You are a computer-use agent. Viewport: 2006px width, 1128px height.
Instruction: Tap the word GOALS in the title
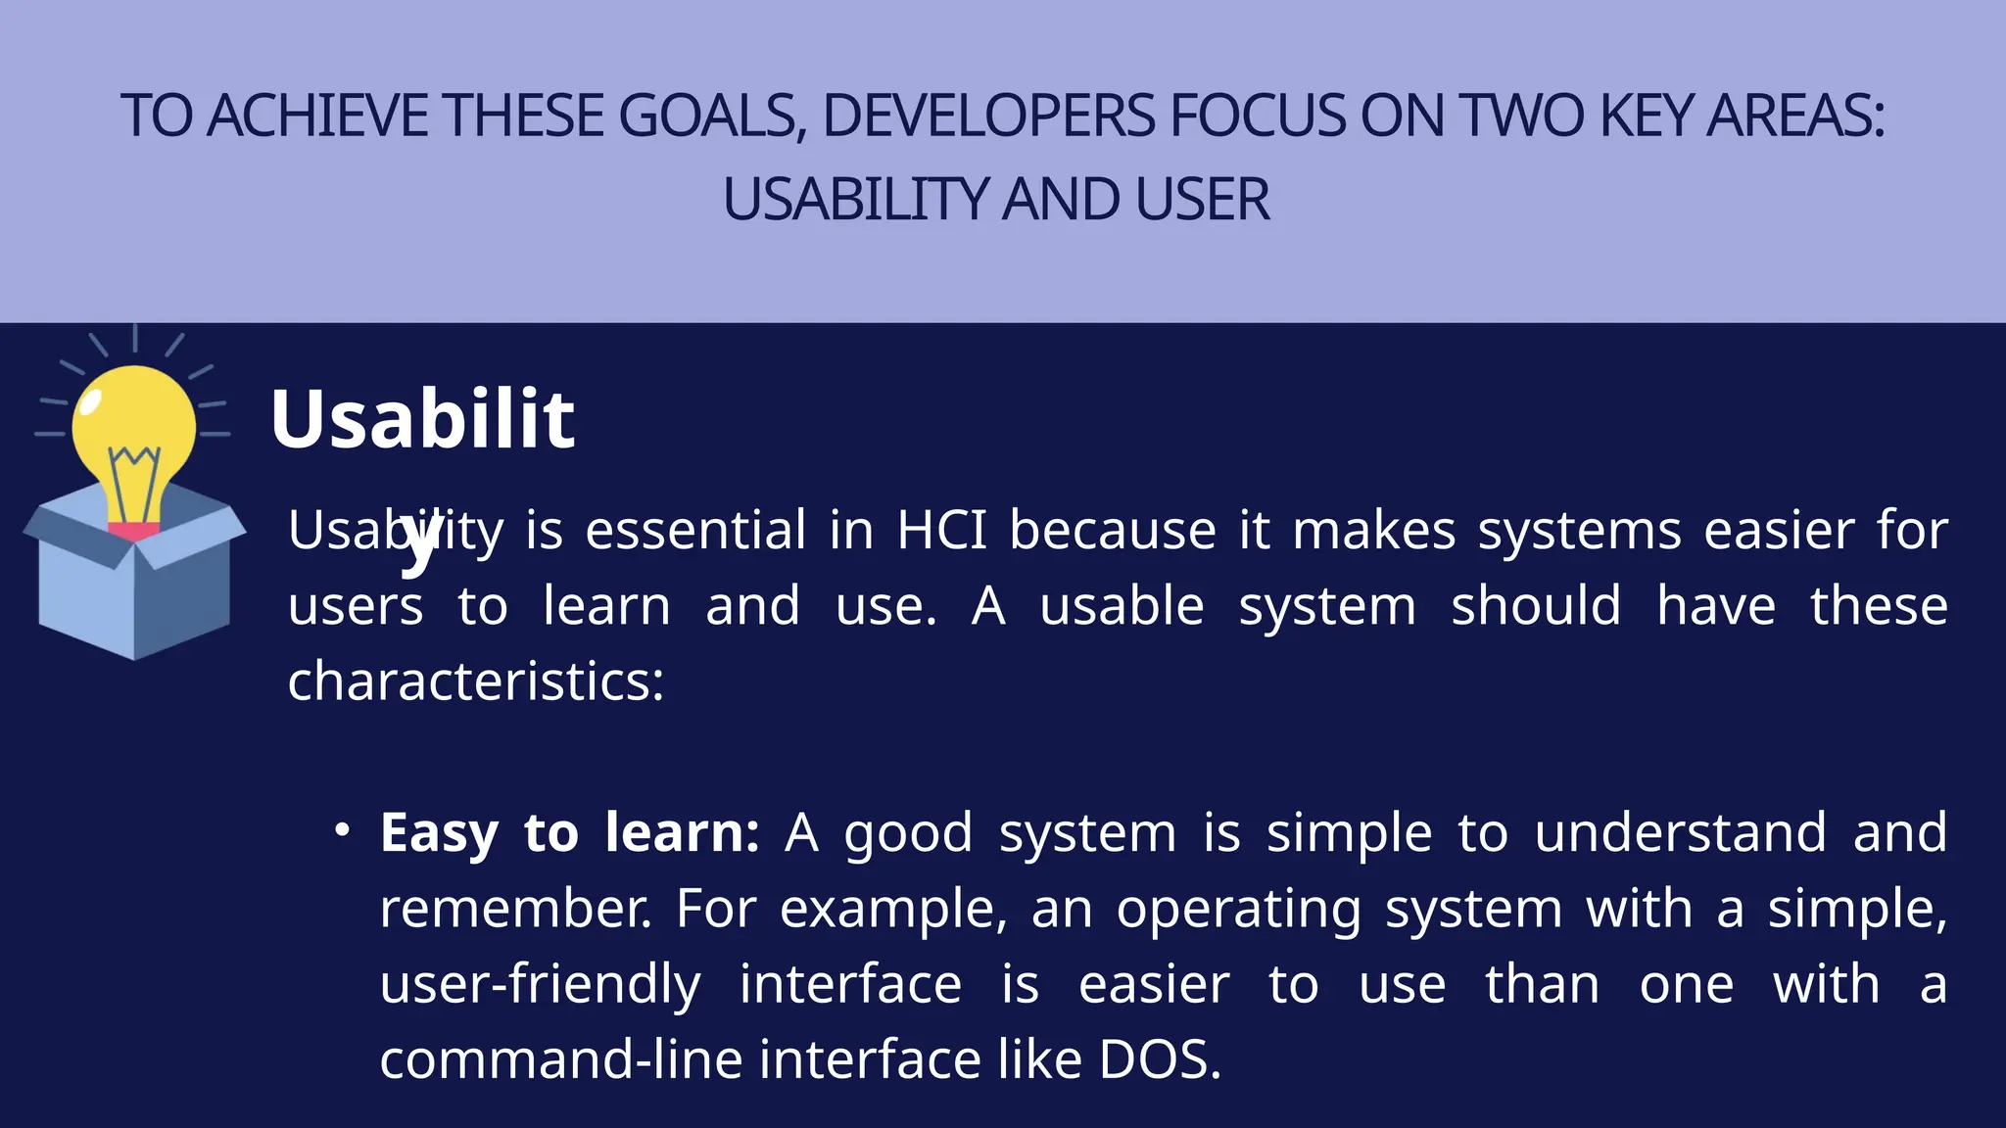pyautogui.click(x=708, y=116)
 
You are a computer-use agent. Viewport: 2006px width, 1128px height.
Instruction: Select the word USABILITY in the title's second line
pyautogui.click(x=855, y=200)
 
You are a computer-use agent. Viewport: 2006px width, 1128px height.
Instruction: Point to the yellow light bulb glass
pyautogui.click(x=134, y=421)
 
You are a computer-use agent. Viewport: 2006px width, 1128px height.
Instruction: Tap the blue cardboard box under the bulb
pyautogui.click(x=134, y=597)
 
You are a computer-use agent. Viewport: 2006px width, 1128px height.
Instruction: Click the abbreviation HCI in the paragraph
pyautogui.click(x=941, y=531)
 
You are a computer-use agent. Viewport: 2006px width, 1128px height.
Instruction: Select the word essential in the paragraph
pyautogui.click(x=695, y=531)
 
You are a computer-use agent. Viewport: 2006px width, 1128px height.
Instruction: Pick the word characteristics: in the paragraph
pyautogui.click(x=476, y=681)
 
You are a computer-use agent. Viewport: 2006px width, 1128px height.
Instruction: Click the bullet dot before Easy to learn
pyautogui.click(x=342, y=830)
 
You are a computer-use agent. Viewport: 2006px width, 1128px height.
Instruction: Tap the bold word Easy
pyautogui.click(x=439, y=833)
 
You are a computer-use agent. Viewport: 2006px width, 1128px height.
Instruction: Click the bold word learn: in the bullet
pyautogui.click(x=682, y=833)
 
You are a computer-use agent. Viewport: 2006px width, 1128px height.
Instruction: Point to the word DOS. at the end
pyautogui.click(x=1160, y=1059)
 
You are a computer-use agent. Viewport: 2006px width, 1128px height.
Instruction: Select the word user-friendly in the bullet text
pyautogui.click(x=540, y=984)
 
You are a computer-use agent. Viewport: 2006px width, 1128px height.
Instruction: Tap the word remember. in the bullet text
pyautogui.click(x=515, y=909)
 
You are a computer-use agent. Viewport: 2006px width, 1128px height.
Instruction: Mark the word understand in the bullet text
pyautogui.click(x=1680, y=833)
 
